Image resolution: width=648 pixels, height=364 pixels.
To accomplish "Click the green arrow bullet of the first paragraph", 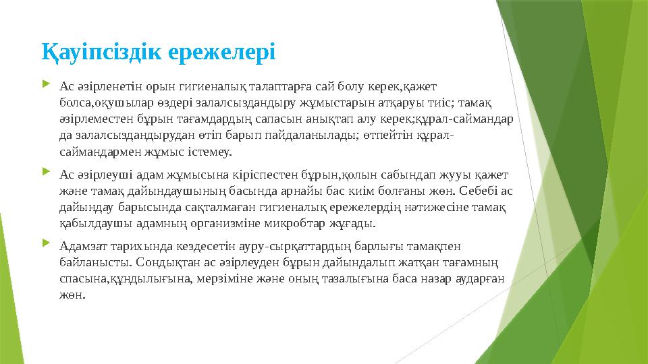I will [x=45, y=86].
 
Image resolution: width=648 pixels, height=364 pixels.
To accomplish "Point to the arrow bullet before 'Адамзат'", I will [x=45, y=245].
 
